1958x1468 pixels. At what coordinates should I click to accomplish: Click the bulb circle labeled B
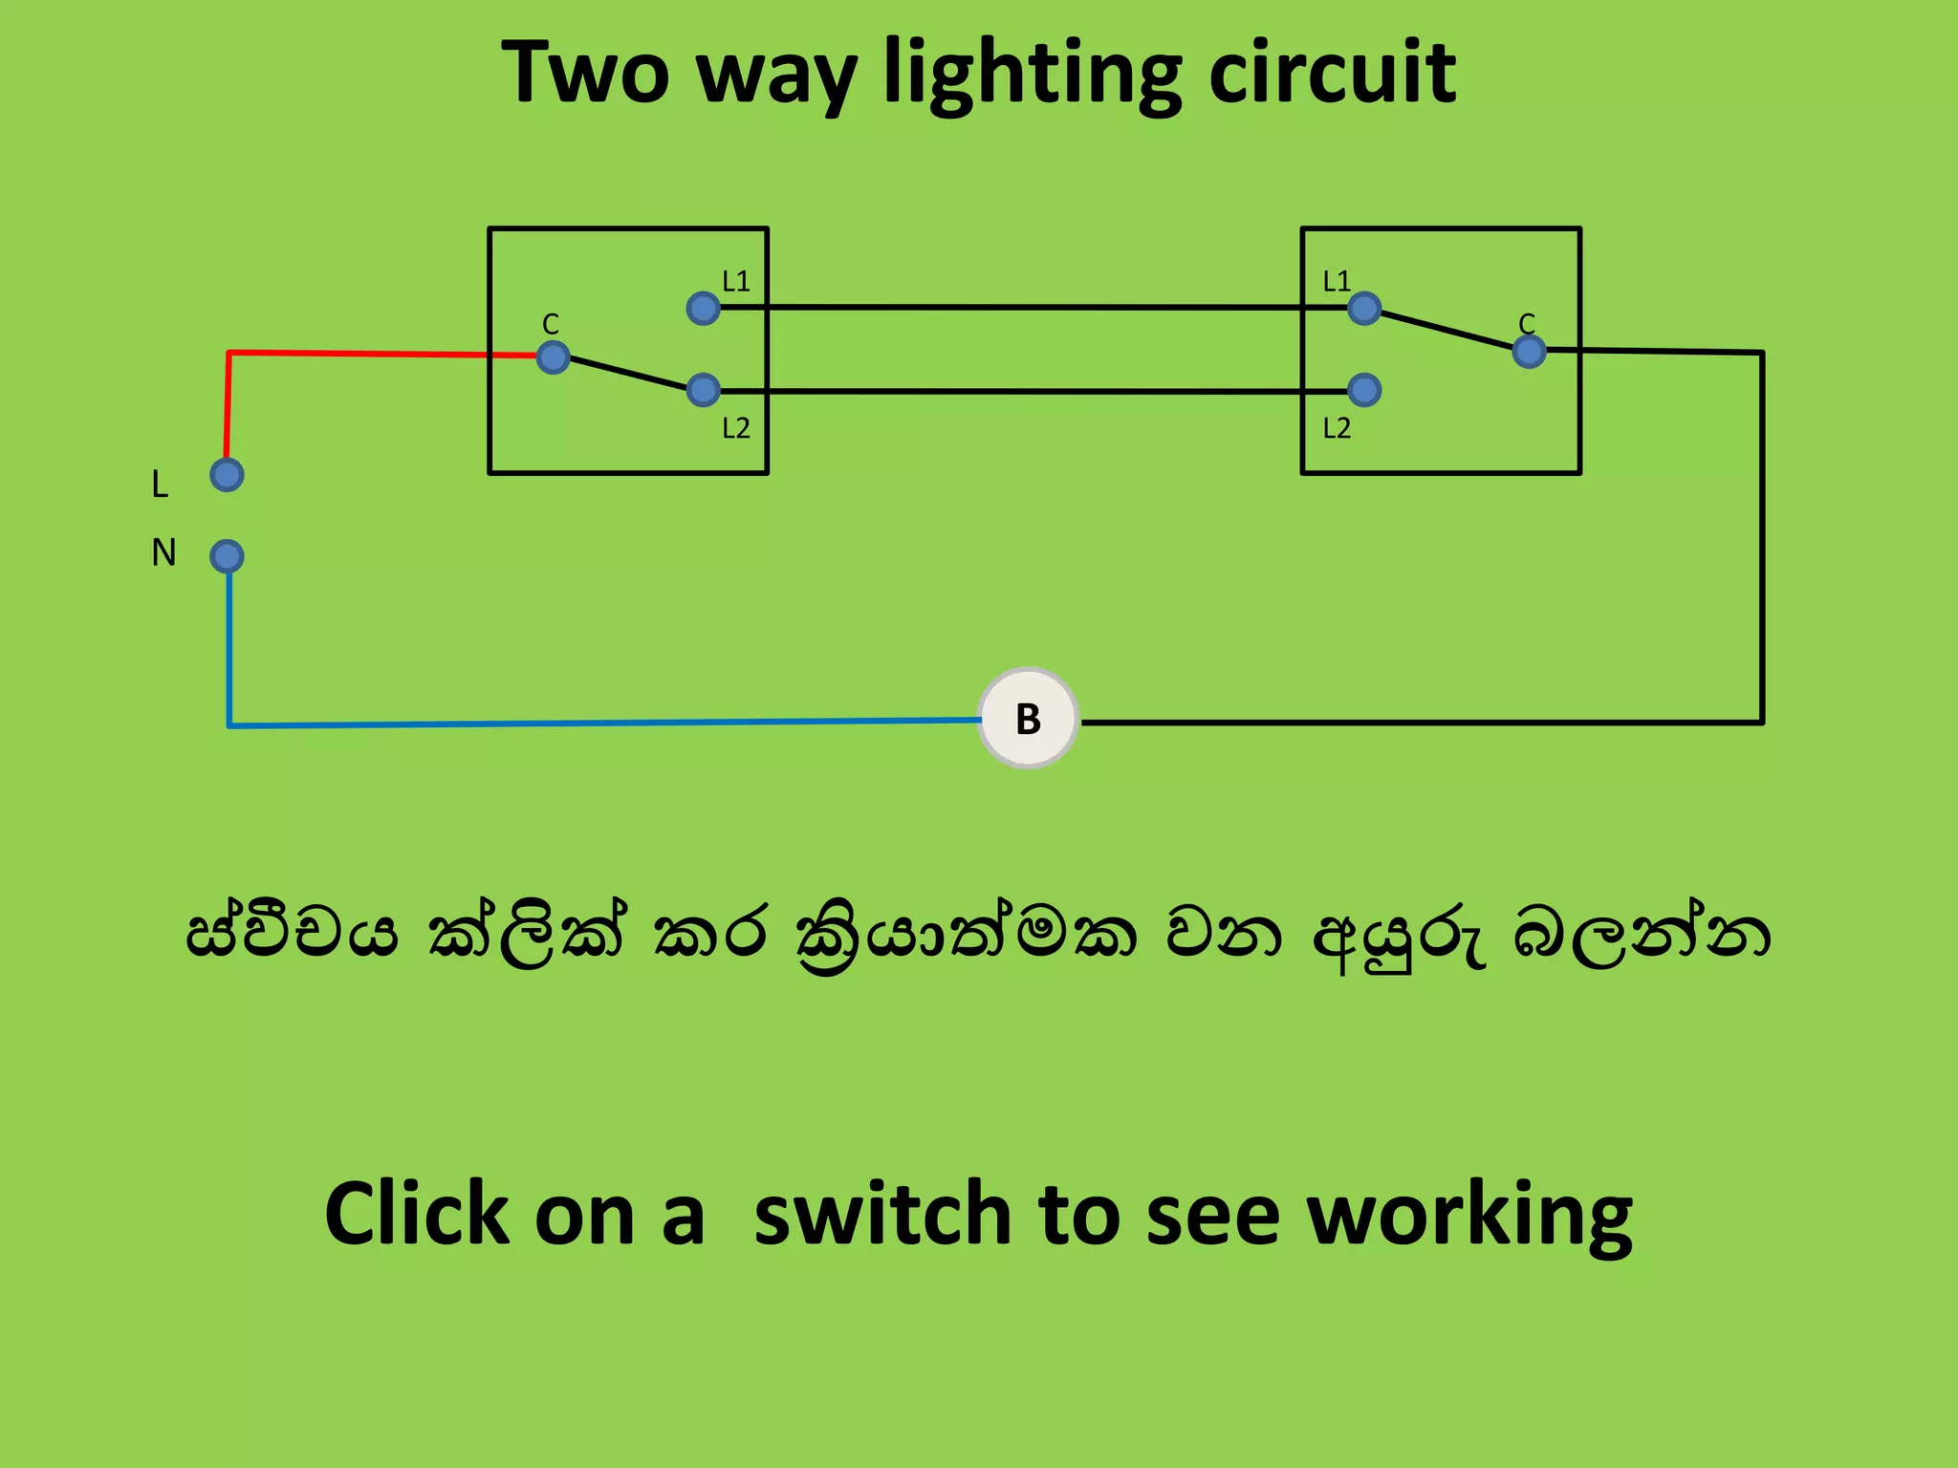(x=1028, y=718)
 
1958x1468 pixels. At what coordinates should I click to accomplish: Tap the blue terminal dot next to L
(x=227, y=475)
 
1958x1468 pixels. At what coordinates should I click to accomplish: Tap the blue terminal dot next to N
(x=227, y=556)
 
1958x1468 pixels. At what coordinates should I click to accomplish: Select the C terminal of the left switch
(x=554, y=357)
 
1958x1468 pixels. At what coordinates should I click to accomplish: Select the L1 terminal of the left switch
(x=703, y=308)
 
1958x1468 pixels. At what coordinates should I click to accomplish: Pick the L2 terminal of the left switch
(x=703, y=389)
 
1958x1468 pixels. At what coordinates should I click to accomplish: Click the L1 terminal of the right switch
(x=1363, y=308)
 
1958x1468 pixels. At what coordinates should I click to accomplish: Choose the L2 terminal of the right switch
(x=1363, y=389)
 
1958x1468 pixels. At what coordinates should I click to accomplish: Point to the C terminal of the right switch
(x=1529, y=351)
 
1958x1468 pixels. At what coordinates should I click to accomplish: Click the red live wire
(x=363, y=354)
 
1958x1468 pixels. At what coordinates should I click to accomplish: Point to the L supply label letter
(x=160, y=485)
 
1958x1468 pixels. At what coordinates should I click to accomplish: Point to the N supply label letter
(x=163, y=552)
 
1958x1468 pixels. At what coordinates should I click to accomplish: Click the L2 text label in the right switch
(x=1337, y=428)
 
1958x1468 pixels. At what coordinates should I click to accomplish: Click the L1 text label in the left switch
(x=735, y=281)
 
